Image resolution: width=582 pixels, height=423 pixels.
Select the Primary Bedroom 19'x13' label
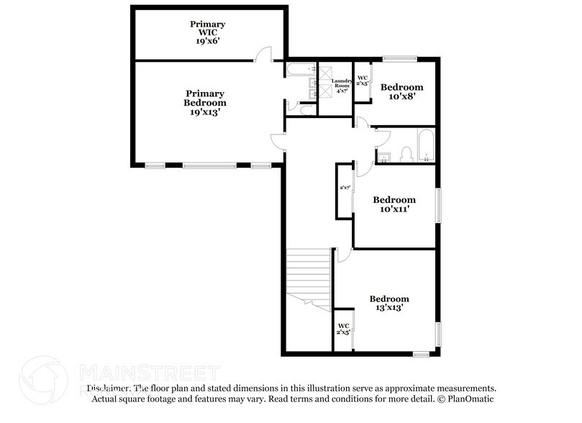click(205, 103)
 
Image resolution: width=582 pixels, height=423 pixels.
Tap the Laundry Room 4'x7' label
click(342, 86)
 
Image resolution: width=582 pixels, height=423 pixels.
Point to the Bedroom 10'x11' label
click(394, 204)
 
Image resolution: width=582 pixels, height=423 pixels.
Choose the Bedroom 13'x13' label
click(389, 303)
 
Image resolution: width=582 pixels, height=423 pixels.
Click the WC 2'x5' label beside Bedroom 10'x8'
click(363, 81)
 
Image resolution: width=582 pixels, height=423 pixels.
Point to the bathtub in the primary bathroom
click(299, 70)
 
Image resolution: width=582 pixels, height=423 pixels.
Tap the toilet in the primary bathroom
click(304, 110)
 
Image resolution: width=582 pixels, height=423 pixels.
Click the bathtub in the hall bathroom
click(425, 145)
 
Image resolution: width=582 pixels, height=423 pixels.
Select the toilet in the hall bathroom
click(406, 153)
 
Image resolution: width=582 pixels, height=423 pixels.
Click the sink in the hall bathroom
click(384, 156)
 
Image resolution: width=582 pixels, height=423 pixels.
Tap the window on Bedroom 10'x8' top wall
click(399, 58)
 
